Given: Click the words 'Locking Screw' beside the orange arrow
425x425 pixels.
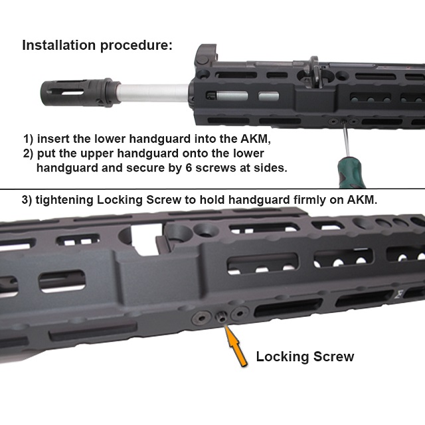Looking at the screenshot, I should click(305, 357).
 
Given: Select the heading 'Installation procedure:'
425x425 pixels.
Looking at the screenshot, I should click(97, 46).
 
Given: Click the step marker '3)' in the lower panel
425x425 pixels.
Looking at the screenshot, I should click(30, 199).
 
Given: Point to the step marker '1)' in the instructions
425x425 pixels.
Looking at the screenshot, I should click(29, 139).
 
